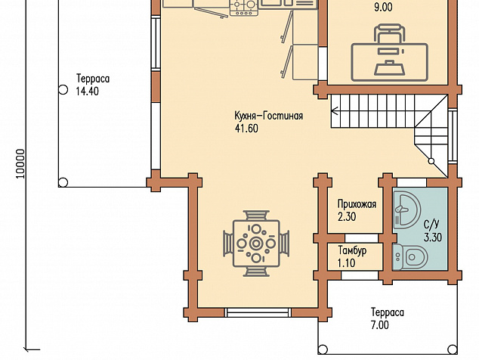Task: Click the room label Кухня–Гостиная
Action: (x=269, y=116)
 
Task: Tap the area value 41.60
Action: (x=246, y=129)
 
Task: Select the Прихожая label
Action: (x=357, y=204)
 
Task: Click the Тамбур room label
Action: (x=352, y=250)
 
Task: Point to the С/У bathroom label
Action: (x=431, y=224)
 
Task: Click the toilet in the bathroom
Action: (x=410, y=257)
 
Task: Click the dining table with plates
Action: (x=256, y=244)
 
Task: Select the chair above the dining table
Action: (x=256, y=215)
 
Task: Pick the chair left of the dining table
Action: (x=228, y=244)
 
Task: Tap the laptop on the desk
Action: (x=390, y=68)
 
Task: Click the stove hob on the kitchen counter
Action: (x=244, y=8)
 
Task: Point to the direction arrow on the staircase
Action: (x=335, y=110)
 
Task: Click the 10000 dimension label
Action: (x=20, y=164)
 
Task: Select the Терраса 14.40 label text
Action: (x=93, y=85)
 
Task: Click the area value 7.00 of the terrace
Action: (x=380, y=324)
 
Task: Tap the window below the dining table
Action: (x=258, y=312)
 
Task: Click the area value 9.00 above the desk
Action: (x=383, y=7)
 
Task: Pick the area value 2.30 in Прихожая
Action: (x=347, y=216)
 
